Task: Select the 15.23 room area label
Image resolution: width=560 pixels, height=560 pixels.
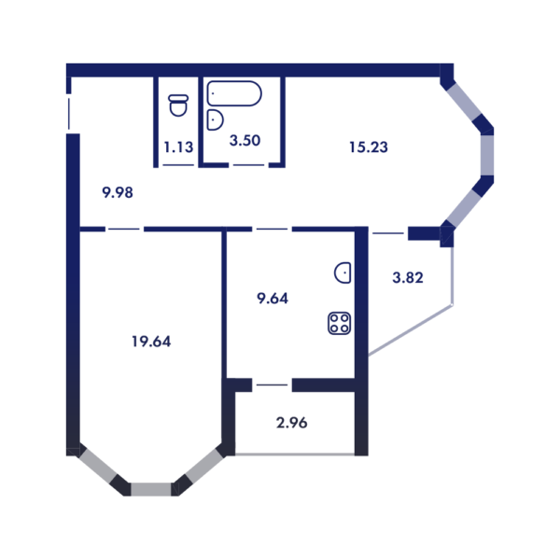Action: pos(368,147)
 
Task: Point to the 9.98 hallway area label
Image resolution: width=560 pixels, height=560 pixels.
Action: pos(118,193)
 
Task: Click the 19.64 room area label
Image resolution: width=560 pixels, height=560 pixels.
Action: pos(151,341)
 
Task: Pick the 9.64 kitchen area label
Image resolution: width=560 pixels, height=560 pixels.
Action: pos(273,299)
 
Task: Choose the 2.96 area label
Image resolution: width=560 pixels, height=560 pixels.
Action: pos(291,423)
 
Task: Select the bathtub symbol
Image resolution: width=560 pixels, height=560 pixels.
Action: pos(235,93)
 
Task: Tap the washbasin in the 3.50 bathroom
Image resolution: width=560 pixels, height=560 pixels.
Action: pos(215,119)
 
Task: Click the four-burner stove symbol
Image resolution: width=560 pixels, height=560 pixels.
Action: pos(340,323)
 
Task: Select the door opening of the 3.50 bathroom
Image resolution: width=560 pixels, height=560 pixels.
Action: pos(248,165)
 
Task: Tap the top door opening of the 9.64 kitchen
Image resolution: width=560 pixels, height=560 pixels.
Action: pos(272,229)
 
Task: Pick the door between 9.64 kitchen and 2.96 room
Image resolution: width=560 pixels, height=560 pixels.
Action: pos(272,385)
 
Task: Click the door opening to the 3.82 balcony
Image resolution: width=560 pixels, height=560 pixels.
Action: pos(387,231)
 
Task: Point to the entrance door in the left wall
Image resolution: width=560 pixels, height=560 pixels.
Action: pos(70,112)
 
